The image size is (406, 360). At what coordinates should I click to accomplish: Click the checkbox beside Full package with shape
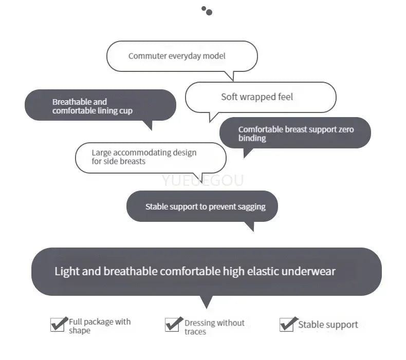coord(57,325)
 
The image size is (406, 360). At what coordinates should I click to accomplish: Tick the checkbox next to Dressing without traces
coord(172,325)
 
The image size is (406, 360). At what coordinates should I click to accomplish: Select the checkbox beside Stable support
coord(287,325)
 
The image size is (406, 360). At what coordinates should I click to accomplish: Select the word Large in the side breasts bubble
coord(101,153)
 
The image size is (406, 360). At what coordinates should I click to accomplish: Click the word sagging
coord(251,206)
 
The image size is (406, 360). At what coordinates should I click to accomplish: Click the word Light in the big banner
coord(67,271)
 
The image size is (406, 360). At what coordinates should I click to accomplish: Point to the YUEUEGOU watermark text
coord(202,180)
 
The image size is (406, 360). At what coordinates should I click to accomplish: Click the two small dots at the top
coord(207,11)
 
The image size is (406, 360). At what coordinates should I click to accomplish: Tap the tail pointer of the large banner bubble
coord(206,302)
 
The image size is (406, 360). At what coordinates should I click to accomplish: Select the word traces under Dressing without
coord(195,332)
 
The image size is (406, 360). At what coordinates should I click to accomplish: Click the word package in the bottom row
coord(98,322)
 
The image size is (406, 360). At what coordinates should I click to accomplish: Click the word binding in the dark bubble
coord(252,138)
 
